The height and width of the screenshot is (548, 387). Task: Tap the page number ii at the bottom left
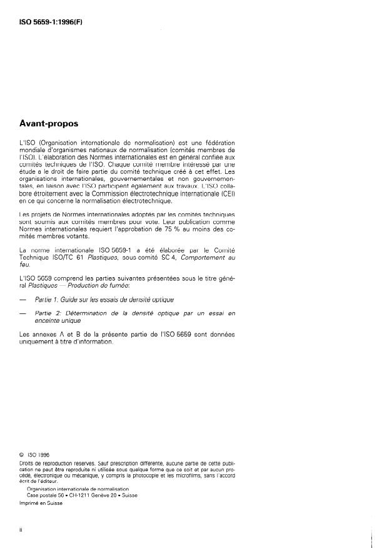click(x=21, y=530)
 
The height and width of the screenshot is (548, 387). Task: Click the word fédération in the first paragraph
click(x=219, y=143)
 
